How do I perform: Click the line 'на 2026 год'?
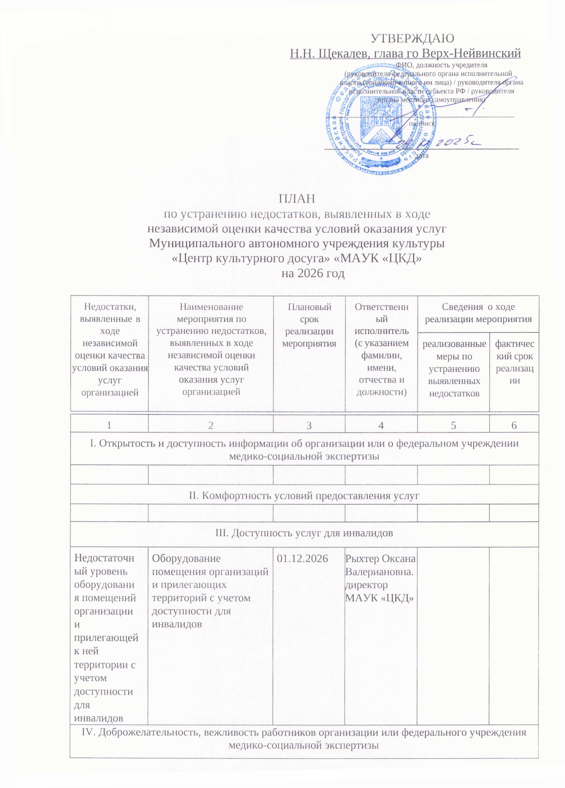(x=313, y=273)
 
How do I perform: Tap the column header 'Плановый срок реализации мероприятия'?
(x=309, y=325)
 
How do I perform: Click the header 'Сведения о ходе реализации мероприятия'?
(x=478, y=313)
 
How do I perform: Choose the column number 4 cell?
(x=381, y=425)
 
